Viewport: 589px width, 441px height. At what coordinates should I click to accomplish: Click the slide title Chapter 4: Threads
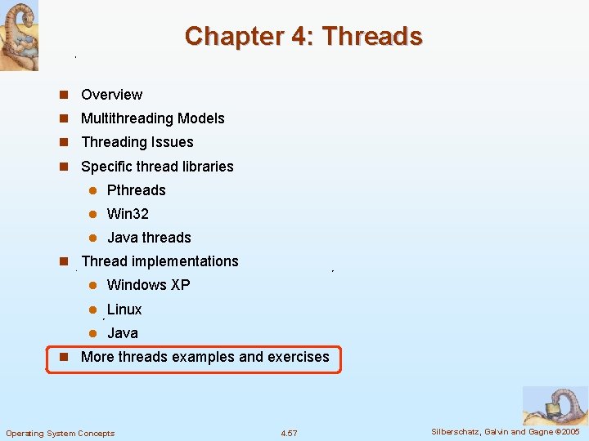pos(303,36)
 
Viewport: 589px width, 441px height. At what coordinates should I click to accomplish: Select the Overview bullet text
pos(111,95)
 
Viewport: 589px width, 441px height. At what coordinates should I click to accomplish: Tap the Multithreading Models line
pos(152,118)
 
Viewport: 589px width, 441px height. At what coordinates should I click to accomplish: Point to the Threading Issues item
pos(137,142)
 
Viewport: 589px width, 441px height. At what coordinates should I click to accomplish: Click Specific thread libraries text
pos(157,167)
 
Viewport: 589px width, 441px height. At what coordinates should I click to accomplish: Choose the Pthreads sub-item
pos(136,190)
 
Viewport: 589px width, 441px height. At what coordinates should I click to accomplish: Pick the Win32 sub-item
pos(128,214)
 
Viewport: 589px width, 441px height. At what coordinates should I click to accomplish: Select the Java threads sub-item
pos(149,238)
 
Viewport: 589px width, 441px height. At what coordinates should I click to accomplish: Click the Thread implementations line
pos(160,261)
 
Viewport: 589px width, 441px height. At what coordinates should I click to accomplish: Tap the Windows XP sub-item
pos(148,285)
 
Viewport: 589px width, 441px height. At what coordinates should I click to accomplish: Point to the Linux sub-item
pos(124,310)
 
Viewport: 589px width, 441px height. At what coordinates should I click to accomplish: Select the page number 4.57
pos(289,433)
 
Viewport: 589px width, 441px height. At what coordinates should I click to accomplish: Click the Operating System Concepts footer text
pos(61,433)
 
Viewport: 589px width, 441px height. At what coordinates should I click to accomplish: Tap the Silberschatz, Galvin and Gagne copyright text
pos(505,431)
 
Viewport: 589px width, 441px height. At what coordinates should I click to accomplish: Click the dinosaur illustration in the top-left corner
pos(19,35)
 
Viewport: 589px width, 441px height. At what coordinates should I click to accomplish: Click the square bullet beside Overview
pos(62,95)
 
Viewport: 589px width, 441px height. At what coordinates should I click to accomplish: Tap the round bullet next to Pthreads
pos(93,190)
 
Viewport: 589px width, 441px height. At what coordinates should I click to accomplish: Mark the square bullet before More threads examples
pos(62,357)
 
